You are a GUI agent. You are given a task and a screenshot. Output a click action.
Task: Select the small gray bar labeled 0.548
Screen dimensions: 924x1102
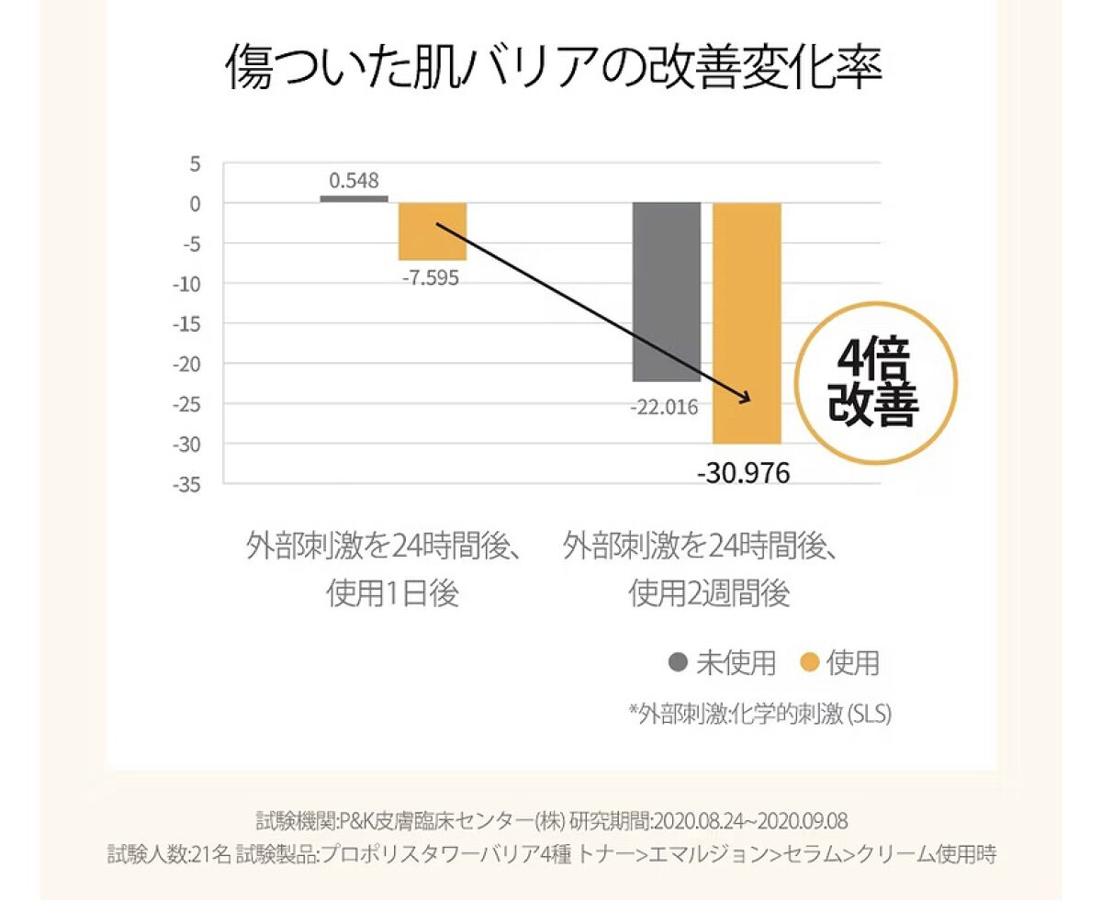354,198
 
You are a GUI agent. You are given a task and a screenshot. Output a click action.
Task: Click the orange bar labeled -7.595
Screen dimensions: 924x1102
432,231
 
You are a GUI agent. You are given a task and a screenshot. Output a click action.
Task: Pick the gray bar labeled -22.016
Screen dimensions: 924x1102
666,292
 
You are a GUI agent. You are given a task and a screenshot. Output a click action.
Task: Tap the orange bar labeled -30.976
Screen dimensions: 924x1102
747,323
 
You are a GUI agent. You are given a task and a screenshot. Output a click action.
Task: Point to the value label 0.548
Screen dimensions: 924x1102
354,180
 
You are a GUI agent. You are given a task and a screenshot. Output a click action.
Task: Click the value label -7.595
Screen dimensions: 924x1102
429,277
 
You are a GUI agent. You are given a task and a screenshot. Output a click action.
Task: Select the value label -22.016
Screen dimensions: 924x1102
664,407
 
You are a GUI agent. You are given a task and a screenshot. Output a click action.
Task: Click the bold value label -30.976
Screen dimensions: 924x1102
743,473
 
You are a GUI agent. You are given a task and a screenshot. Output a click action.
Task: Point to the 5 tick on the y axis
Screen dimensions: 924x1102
196,164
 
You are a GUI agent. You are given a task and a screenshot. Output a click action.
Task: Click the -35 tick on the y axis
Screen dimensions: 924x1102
187,484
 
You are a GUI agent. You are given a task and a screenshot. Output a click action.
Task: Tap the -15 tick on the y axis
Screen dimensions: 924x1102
187,324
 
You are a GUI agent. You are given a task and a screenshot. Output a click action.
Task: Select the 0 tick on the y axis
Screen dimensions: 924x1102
196,204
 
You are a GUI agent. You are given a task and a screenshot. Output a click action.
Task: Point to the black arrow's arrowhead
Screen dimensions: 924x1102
745,397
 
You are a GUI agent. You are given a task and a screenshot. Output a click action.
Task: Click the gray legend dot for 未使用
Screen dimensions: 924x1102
680,661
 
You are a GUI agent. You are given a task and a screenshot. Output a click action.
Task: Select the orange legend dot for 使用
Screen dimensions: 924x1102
809,661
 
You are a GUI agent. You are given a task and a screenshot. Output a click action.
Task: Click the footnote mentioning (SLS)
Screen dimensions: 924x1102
759,714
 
